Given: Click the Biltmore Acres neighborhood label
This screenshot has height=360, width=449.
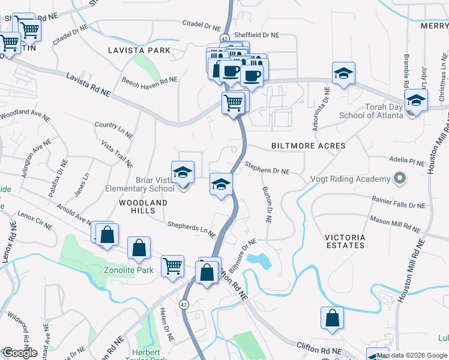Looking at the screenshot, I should (309, 146).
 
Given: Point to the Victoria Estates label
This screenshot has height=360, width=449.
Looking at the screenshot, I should (345, 241).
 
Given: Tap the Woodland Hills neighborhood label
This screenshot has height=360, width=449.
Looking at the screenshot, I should (143, 207).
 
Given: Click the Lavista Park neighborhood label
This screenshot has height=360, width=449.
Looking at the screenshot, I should (139, 50).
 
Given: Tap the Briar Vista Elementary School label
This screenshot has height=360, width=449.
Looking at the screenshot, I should (139, 184).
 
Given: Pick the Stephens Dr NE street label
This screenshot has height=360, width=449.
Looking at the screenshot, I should (267, 171).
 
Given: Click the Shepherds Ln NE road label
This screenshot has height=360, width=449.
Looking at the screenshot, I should (191, 228).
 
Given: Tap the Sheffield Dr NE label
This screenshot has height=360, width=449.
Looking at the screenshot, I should (257, 35).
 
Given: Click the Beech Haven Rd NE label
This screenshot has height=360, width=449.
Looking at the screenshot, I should (149, 80).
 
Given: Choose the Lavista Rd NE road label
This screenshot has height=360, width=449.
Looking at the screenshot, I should (88, 85).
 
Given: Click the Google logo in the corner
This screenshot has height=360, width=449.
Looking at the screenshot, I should (19, 353).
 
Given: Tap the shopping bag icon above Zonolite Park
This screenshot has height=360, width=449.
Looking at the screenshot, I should (139, 247).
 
